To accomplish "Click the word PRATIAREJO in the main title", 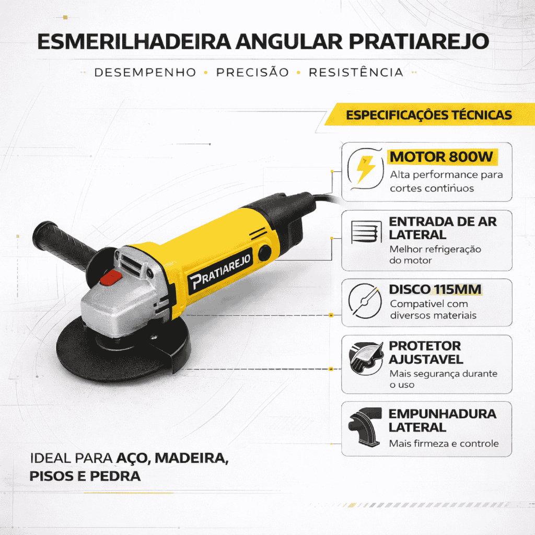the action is pos(418,42).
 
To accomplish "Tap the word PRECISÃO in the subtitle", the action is pos(252,72).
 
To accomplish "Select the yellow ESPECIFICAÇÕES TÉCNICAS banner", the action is pos(429,114).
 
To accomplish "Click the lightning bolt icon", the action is pos(366,169).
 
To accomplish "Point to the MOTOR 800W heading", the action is pos(441,157).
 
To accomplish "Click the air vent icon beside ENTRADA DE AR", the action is pos(366,232).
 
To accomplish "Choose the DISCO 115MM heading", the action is pos(435,289).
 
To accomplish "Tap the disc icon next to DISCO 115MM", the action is pos(365,301).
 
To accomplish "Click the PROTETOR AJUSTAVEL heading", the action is pos(426,353).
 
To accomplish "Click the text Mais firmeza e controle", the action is pos(444,444).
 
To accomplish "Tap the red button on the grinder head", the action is pos(111,278).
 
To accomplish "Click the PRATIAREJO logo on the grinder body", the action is pos(220,272).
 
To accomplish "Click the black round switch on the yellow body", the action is pos(265,253).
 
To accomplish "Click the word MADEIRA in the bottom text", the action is pos(192,458).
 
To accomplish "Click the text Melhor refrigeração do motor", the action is pos(435,254).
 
